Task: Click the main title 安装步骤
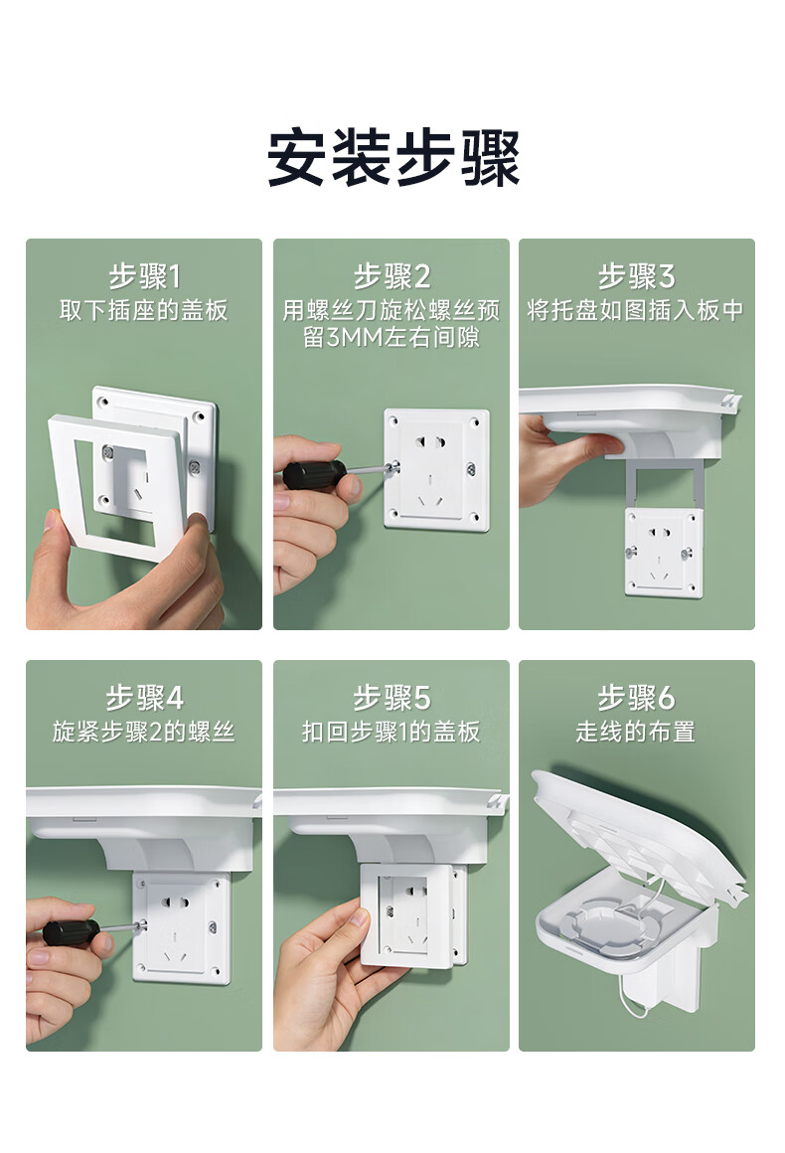pyautogui.click(x=392, y=157)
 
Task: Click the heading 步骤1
pyautogui.click(x=144, y=276)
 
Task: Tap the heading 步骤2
pyautogui.click(x=392, y=276)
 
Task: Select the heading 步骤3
pyautogui.click(x=637, y=276)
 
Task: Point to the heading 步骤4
pyautogui.click(x=144, y=698)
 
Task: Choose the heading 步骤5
pyautogui.click(x=392, y=698)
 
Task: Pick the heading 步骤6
pyautogui.click(x=637, y=698)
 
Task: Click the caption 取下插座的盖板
pyautogui.click(x=144, y=310)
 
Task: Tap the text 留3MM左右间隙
pyautogui.click(x=392, y=338)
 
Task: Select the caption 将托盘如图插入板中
pyautogui.click(x=637, y=310)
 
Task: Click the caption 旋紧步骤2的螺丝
pyautogui.click(x=144, y=732)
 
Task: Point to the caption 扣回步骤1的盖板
pyautogui.click(x=392, y=732)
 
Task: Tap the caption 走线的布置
pyautogui.click(x=637, y=732)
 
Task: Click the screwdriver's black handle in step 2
pyautogui.click(x=314, y=473)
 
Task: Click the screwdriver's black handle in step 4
pyautogui.click(x=72, y=932)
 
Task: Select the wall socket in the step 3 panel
pyautogui.click(x=663, y=552)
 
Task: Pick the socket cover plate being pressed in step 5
pyautogui.click(x=408, y=916)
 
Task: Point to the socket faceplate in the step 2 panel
pyautogui.click(x=436, y=469)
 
